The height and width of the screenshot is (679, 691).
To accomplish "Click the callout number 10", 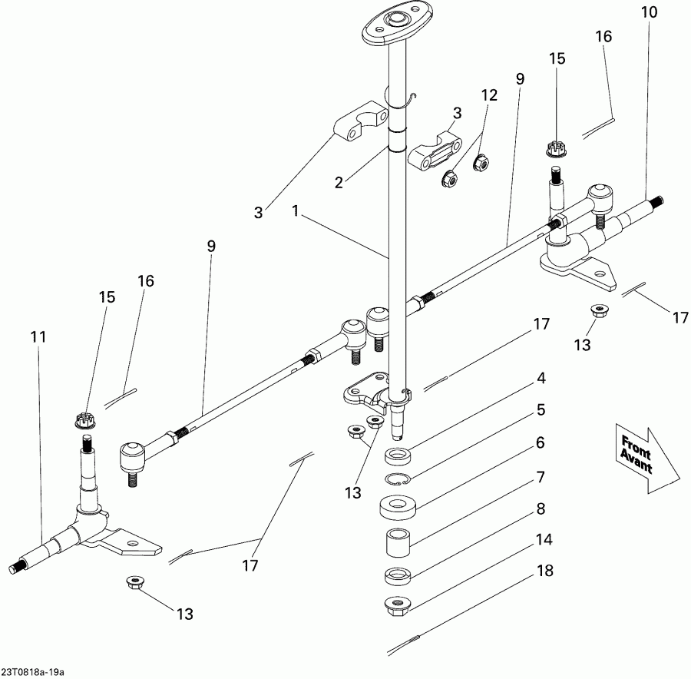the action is pos(649,12).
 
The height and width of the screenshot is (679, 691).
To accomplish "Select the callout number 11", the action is pos(38,337).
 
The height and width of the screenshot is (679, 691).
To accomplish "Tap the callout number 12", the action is pos(489,95).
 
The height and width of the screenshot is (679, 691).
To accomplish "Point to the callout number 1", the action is pos(296,210).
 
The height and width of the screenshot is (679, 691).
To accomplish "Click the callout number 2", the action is pos(339,182).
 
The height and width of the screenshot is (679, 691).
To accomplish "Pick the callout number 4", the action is pos(541,379).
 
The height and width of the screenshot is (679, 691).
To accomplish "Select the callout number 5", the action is pos(541,410).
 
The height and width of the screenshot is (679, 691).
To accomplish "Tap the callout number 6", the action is pos(541,442).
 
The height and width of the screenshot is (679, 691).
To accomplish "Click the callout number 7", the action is pos(541,477).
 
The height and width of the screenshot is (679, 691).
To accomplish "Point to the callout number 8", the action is pos(541,508).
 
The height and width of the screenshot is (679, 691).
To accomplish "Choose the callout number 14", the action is pos(544,539).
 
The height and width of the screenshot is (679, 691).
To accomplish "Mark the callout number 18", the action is pos(545,571).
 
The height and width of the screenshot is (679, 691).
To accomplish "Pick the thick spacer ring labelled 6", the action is pos(398,507).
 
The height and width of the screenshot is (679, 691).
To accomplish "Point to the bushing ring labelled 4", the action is pos(398,455).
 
